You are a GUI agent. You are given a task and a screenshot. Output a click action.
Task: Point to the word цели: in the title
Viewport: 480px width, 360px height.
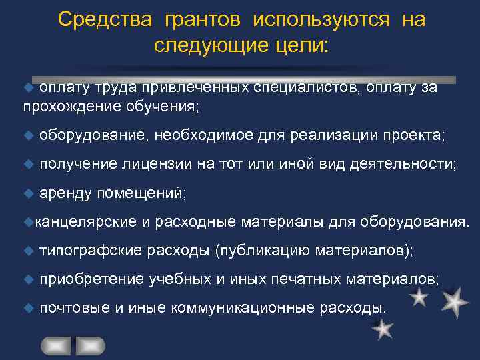coord(299,45)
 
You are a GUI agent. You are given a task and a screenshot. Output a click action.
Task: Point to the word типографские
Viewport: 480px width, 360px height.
coord(91,250)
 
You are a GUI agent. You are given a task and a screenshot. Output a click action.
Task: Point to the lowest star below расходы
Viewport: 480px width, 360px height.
coord(382,329)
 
